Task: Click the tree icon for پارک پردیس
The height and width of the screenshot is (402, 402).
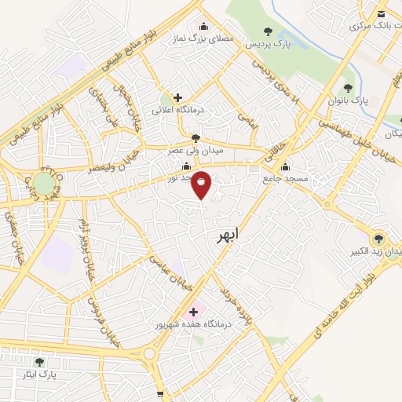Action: point(269,31)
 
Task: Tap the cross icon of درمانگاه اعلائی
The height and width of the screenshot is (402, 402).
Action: point(178,97)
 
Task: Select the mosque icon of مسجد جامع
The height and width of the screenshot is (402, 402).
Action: point(284,166)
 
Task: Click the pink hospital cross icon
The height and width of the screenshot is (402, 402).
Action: point(194,312)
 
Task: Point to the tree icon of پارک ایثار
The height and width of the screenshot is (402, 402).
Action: point(39,362)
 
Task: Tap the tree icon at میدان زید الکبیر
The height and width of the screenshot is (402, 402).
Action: point(378,237)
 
